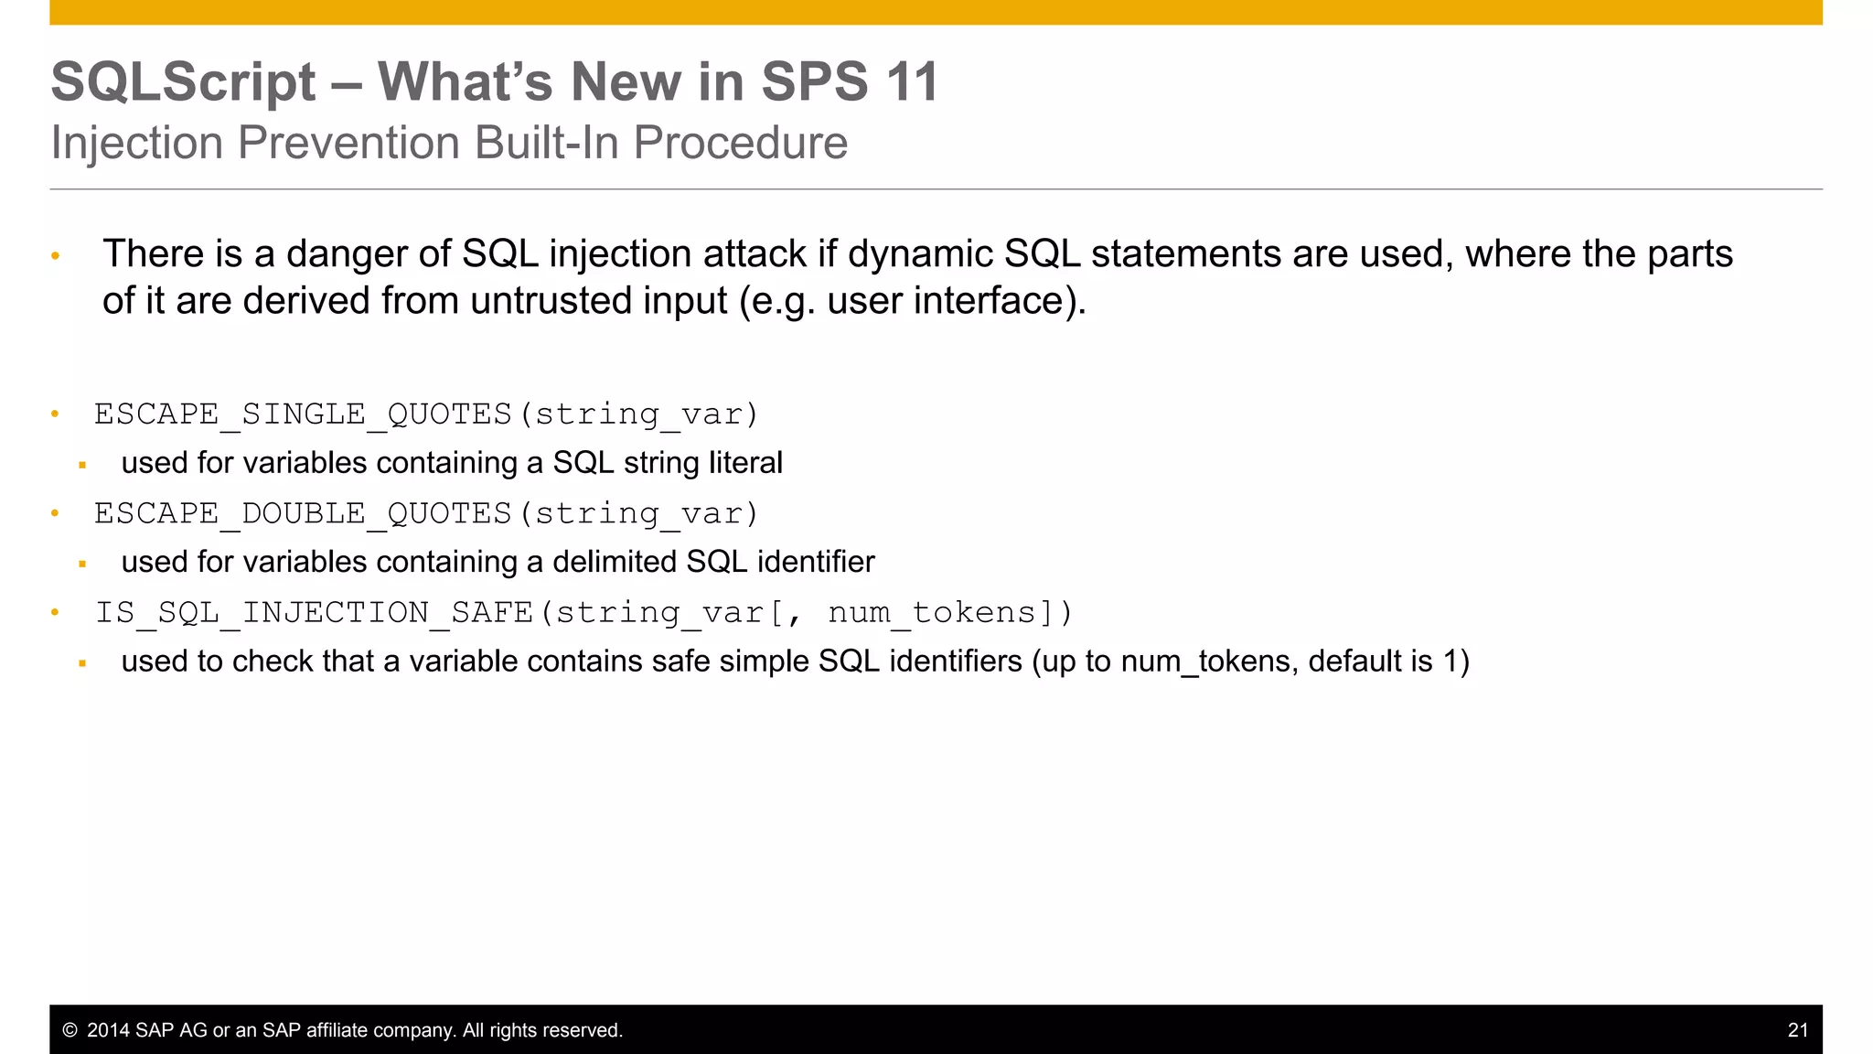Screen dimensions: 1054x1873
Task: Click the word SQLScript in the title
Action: (183, 82)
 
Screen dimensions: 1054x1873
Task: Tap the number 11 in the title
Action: (912, 82)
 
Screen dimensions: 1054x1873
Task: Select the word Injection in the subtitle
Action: (137, 144)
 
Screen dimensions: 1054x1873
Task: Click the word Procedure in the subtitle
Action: (740, 144)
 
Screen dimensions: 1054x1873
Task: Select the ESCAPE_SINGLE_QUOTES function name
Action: (303, 414)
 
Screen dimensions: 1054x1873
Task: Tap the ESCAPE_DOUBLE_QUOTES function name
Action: (303, 513)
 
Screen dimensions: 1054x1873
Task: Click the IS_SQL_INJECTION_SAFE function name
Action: (314, 612)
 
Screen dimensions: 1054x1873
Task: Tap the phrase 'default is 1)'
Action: (1388, 661)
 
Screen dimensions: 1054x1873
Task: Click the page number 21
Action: (1797, 1030)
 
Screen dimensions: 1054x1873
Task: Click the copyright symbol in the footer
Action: (70, 1030)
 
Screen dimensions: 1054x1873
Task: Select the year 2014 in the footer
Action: (108, 1030)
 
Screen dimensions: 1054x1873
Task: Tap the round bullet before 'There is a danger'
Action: (55, 256)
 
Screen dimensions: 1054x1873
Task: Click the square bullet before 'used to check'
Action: (82, 663)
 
